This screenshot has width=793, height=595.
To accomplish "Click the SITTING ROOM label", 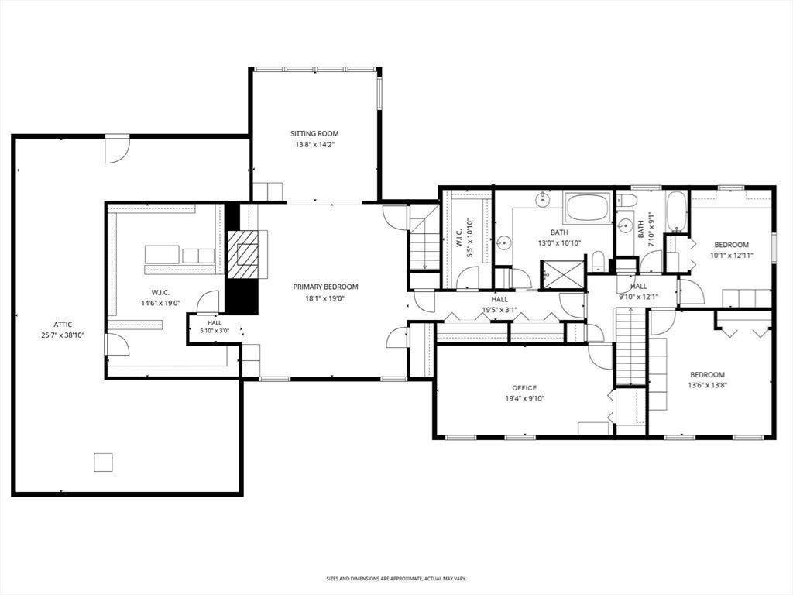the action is point(314,133).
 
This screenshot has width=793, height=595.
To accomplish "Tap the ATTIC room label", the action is point(63,325).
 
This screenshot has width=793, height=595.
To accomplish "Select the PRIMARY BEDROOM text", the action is point(325,287).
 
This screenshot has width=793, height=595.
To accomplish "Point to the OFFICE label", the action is point(524,388).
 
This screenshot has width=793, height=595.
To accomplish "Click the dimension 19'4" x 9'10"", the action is point(524,398).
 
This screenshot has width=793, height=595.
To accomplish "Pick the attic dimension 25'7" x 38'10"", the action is point(63,335).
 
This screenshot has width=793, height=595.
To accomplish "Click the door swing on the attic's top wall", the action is point(117,150).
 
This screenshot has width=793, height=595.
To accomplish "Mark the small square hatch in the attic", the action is point(103,462).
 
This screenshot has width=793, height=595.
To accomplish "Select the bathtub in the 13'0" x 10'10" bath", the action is point(588,207).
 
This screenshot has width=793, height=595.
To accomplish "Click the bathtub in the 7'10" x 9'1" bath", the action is point(676,212).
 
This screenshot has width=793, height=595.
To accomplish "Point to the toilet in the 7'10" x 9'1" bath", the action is point(626,199).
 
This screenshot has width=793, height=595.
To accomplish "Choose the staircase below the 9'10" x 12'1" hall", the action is point(631,346).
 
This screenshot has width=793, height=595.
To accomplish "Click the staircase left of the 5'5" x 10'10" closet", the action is point(424,237).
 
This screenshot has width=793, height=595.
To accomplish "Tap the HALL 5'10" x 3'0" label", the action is point(215,327).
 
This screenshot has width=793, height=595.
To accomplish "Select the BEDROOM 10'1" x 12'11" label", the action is point(731,250).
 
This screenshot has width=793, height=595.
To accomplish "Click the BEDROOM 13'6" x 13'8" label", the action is point(707,380).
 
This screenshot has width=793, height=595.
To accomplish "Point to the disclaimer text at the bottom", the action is point(396,578).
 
